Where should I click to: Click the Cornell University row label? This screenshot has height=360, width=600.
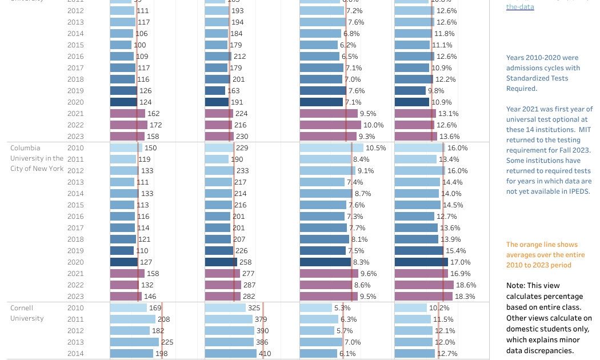(x=27, y=313)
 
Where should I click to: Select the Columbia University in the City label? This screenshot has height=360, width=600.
(x=37, y=158)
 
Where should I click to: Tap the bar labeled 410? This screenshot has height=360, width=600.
(x=230, y=354)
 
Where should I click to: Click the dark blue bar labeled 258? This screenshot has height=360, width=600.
(x=221, y=262)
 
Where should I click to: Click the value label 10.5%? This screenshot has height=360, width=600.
(x=376, y=148)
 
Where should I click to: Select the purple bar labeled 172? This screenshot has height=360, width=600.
(x=129, y=125)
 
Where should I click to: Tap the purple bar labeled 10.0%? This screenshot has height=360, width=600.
(x=330, y=125)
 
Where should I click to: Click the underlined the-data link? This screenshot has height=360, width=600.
(x=520, y=7)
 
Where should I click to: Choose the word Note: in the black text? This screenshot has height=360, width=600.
(x=517, y=286)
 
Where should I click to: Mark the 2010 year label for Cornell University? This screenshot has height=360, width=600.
(x=75, y=308)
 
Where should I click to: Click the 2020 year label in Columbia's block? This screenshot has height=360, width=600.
(x=75, y=262)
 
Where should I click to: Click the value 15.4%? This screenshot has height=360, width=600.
(x=456, y=251)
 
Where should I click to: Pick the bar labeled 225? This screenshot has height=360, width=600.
(x=134, y=342)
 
